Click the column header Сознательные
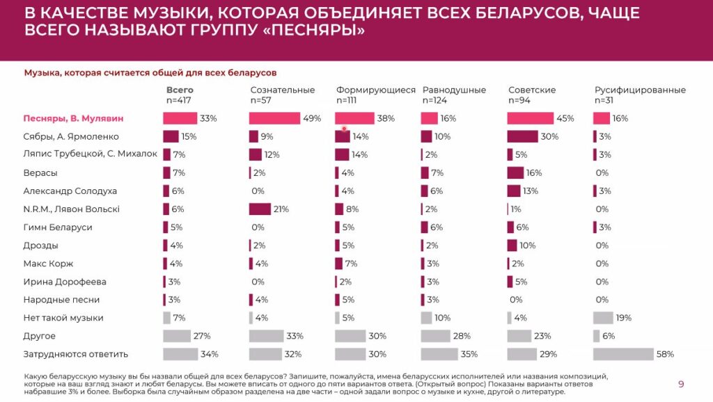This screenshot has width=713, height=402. coord(282,90)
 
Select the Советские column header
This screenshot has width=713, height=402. coord(531,90)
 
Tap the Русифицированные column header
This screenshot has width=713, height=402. coord(640,90)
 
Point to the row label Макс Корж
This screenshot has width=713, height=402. coord(48,264)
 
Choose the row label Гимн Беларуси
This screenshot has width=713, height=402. coord(58,227)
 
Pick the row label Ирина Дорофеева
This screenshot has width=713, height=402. coord(65,282)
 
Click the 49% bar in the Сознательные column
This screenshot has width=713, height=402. coord(274,118)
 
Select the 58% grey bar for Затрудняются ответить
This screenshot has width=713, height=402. coord(623,354)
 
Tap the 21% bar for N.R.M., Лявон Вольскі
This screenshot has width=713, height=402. coord(260,209)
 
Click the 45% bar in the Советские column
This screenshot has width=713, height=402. coord(530,118)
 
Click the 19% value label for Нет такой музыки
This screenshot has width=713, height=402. coord(623,318)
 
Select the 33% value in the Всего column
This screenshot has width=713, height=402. coord(208,118)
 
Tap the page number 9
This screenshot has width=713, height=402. coord(681,384)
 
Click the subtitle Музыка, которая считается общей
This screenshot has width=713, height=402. coord(150,72)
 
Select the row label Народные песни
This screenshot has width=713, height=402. coord(62,300)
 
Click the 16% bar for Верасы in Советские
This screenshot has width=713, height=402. coord(515,172)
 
